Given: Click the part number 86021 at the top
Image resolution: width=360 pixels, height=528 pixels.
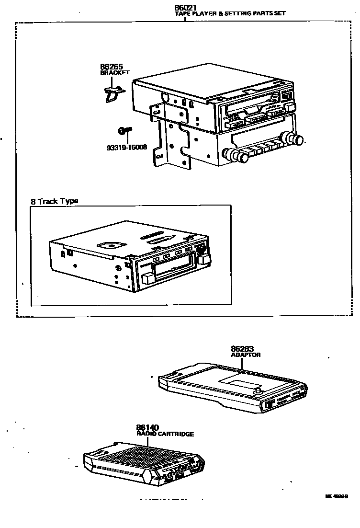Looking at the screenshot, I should [x=186, y=8].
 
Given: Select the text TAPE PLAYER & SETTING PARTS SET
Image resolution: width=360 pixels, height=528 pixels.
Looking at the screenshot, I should [x=230, y=14].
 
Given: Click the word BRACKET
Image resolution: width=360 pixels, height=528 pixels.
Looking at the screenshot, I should [x=114, y=73].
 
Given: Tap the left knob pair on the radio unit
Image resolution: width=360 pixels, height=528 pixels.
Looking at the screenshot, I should [x=235, y=156].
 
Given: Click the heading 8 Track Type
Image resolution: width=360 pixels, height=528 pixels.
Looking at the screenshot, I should [x=54, y=201].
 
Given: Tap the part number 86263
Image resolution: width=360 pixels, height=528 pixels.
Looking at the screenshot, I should [x=242, y=349].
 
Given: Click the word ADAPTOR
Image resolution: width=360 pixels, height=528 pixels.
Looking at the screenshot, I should [x=246, y=355].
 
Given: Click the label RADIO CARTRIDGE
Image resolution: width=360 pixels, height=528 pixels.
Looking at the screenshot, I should [x=165, y=434].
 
